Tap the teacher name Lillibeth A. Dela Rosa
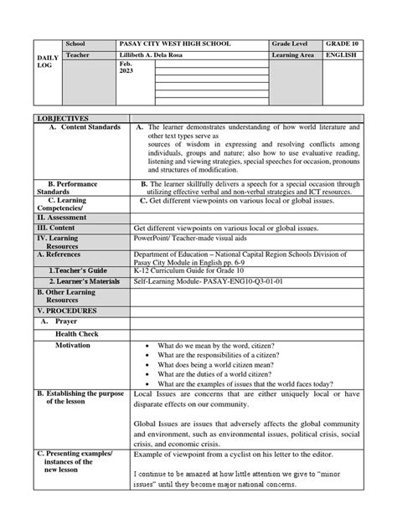point(164,55)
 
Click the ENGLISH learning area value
point(341,55)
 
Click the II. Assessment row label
point(61,217)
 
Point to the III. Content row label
point(55,227)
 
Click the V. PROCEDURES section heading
point(66,311)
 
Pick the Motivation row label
point(74,345)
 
